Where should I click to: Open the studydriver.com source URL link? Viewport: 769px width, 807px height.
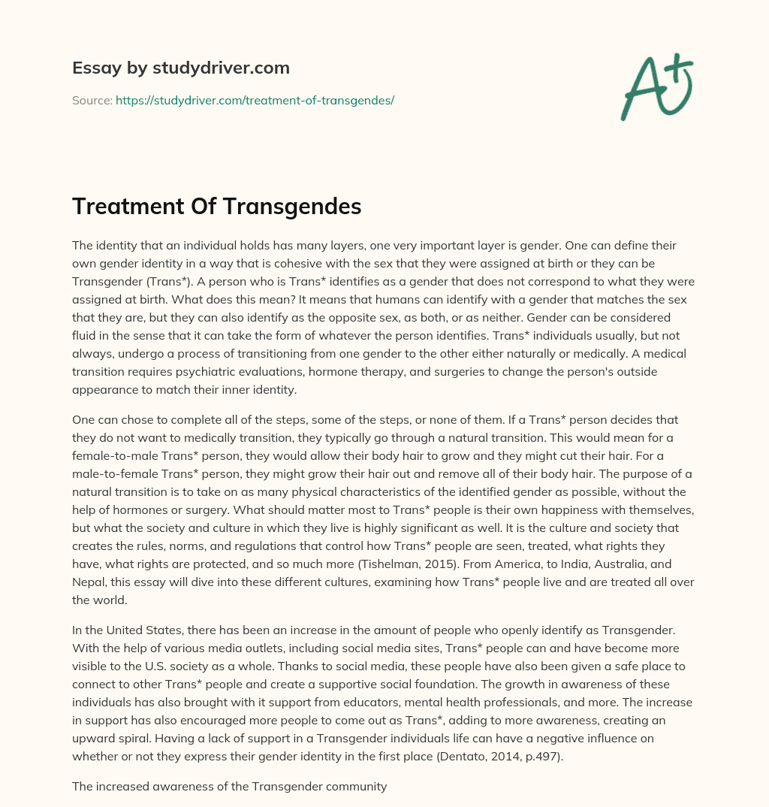[x=255, y=100]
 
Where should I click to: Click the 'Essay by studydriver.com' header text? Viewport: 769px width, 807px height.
[x=180, y=68]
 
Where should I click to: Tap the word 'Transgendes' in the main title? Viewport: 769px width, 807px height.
[x=297, y=207]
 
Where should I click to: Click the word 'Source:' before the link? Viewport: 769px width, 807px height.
[x=92, y=100]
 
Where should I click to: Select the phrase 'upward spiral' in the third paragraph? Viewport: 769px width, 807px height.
[x=110, y=739]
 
